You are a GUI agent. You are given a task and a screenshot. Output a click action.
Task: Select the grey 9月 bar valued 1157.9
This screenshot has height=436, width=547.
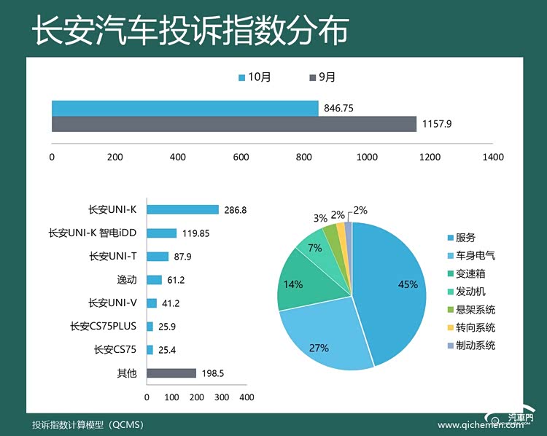coord(233,124)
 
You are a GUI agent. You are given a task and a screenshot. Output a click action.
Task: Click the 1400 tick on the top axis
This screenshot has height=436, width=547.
coord(493,157)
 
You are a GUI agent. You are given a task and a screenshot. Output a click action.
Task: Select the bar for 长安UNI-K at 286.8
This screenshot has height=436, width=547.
coord(183,210)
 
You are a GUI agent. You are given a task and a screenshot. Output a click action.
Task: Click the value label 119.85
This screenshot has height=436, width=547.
coord(195,233)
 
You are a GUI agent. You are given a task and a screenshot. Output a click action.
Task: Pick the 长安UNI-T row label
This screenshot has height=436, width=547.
coord(114,256)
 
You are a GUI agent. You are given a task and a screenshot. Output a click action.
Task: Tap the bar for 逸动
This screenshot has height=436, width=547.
coord(154,279)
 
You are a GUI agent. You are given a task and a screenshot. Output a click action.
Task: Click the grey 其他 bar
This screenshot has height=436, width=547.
coord(171,373)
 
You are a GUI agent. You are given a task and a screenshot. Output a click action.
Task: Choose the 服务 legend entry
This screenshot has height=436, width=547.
coord(465,238)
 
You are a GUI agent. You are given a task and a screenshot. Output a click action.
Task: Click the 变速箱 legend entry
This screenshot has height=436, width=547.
coord(470,273)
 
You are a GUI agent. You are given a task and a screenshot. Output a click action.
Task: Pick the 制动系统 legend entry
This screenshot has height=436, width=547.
coord(475,346)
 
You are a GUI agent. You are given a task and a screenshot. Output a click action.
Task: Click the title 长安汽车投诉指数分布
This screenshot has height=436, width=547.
coord(190,31)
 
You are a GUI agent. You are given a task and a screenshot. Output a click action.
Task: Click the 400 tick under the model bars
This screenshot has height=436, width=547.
coord(247,397)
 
